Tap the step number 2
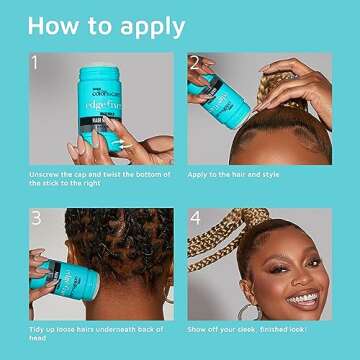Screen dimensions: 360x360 193,64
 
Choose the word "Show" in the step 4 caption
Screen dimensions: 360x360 198,328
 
